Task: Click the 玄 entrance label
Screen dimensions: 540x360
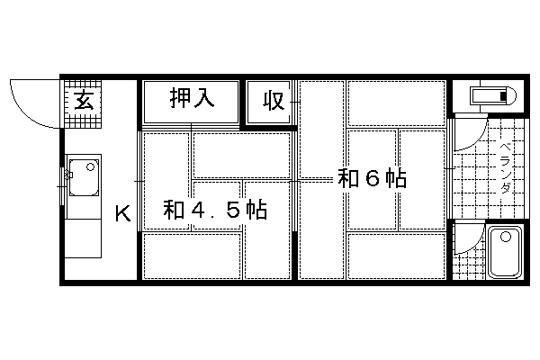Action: pos(84,100)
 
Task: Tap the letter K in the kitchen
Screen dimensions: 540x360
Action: pos(123,213)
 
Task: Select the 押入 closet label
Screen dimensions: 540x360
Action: pos(192,98)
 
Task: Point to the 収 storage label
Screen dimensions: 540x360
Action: pos(274,101)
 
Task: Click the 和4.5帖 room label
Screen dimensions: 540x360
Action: pos(215,210)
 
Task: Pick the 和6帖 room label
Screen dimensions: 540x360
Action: pos(373,178)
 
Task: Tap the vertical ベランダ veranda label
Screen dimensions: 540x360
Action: pos(505,168)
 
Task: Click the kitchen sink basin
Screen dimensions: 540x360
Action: pos(84,177)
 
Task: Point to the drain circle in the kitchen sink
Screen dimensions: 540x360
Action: pos(91,167)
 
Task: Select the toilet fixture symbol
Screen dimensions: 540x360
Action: pos(493,95)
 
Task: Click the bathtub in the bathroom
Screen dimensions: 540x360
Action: pos(505,252)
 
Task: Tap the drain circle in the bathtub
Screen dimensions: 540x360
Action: pos(506,237)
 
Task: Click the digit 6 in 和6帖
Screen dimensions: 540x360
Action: pos(373,178)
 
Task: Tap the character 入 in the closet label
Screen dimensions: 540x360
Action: pos(204,98)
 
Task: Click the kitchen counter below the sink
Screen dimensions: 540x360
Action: pos(84,238)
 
